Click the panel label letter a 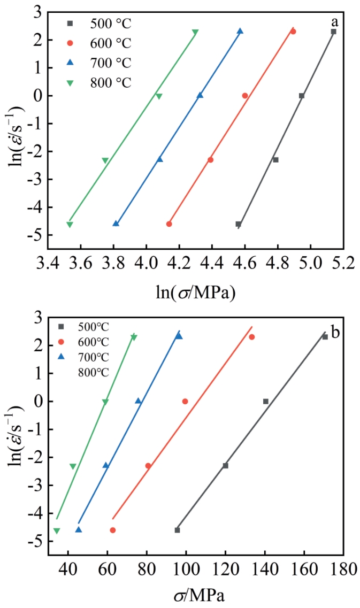(335, 22)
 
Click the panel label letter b (335, 333)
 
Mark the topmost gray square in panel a (333, 32)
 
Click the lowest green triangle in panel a (70, 225)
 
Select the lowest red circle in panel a (169, 224)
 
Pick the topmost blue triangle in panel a (240, 31)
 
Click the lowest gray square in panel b (177, 530)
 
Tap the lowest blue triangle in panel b (79, 529)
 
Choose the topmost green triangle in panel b (134, 337)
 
